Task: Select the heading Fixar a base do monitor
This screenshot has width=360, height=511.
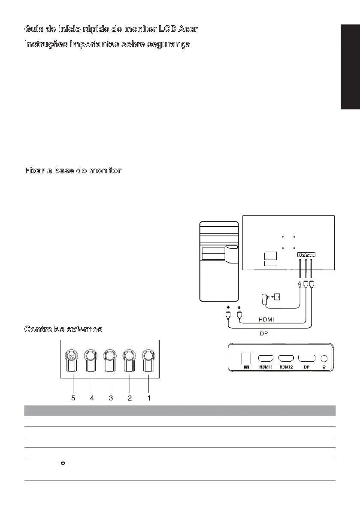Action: click(73, 171)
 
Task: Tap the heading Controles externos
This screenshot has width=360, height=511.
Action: click(63, 329)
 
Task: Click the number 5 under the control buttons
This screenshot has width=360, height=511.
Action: click(73, 398)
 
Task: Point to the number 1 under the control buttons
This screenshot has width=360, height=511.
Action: click(149, 398)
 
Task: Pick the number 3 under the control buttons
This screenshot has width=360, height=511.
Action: click(111, 398)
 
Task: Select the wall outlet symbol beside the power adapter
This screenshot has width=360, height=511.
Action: click(277, 296)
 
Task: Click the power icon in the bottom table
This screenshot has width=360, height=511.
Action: click(63, 463)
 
